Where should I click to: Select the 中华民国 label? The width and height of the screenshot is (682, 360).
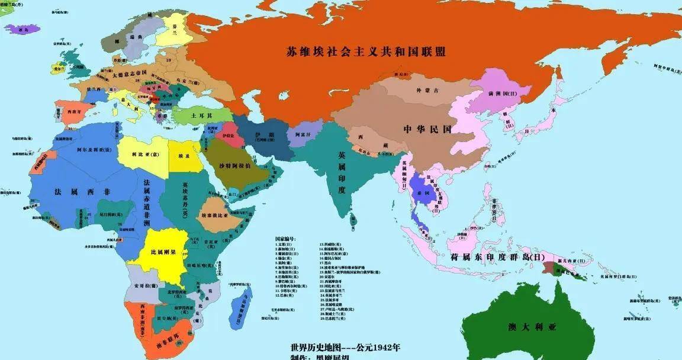pos(427,129)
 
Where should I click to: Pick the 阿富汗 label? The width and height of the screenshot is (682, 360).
pos(303,135)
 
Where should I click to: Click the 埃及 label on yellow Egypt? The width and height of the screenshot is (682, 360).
pos(184,156)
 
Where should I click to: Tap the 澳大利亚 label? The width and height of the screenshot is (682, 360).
pos(534,327)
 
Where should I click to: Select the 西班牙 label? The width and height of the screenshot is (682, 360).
pos(74,111)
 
